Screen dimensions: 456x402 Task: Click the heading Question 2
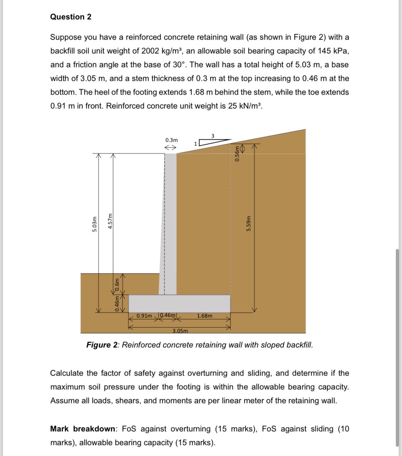click(71, 17)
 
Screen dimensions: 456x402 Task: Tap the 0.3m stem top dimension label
click(171, 140)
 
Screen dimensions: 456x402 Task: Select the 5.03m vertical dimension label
click(94, 224)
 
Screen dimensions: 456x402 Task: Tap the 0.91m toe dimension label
click(144, 315)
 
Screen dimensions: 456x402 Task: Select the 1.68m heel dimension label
click(205, 316)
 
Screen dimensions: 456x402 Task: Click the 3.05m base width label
click(180, 331)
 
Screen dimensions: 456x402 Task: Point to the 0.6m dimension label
click(117, 284)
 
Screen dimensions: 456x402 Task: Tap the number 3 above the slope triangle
click(213, 135)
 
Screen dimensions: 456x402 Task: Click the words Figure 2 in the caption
click(102, 345)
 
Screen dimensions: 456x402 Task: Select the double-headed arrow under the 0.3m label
click(170, 148)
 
